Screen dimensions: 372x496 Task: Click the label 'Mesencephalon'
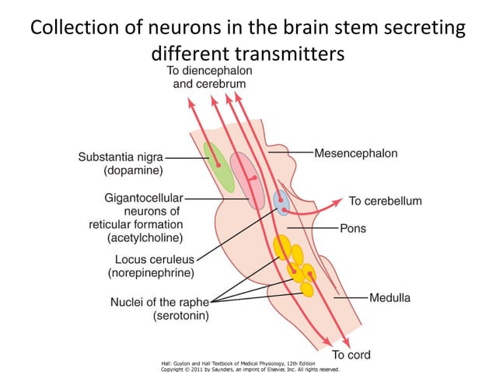355,153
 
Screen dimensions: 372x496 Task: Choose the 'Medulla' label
389,297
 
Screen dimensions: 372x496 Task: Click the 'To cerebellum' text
385,201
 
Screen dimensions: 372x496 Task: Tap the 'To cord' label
351,355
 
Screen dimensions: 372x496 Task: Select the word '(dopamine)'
132,169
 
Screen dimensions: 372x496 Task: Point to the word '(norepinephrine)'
150,272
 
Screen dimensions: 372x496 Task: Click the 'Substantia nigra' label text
121,156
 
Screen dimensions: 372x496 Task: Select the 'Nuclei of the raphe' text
159,302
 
